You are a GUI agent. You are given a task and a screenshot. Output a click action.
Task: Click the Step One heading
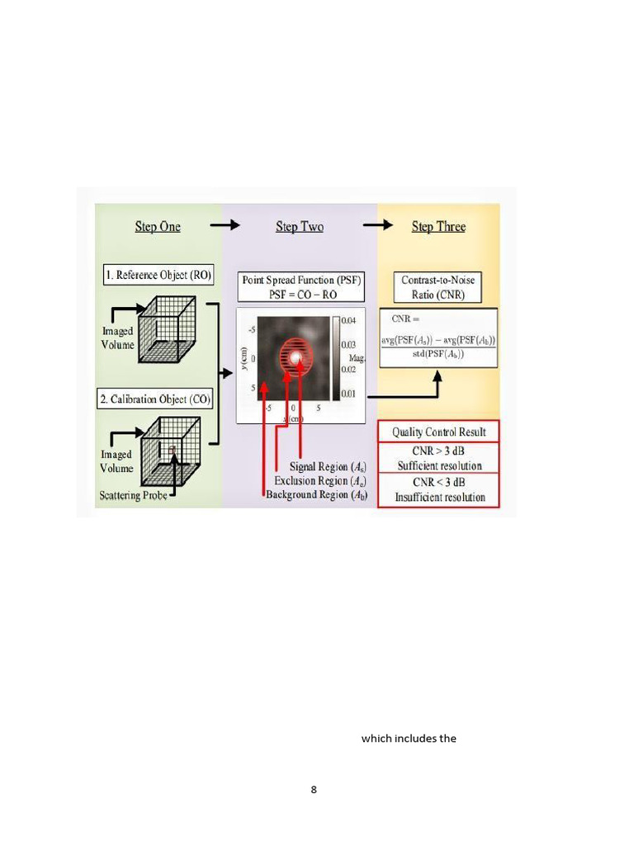point(158,227)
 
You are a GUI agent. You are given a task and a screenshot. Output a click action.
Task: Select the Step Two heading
point(299,227)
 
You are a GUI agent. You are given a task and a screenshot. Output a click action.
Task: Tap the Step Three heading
point(438,227)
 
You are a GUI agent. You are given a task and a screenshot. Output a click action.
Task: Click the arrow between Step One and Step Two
point(225,225)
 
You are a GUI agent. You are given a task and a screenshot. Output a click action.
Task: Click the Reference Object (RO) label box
point(158,276)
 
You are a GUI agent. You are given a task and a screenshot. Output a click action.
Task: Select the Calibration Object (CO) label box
point(156,399)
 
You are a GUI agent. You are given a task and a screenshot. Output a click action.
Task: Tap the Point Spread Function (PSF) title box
point(301,286)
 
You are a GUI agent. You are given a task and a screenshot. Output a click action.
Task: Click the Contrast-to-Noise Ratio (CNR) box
point(438,286)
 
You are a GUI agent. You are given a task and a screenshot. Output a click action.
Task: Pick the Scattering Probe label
point(133,496)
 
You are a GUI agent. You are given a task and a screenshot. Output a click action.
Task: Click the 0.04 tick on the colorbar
point(348,319)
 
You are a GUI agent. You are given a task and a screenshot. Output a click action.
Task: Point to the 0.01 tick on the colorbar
point(348,394)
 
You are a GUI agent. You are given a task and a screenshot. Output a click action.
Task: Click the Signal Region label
point(329,467)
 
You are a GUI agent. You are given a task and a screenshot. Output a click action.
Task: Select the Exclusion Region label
point(321,480)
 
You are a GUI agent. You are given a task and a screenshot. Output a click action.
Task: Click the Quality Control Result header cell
point(438,432)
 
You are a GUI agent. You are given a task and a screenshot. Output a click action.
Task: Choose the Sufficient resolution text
point(438,466)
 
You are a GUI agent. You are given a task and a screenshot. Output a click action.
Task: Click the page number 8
point(314,790)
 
